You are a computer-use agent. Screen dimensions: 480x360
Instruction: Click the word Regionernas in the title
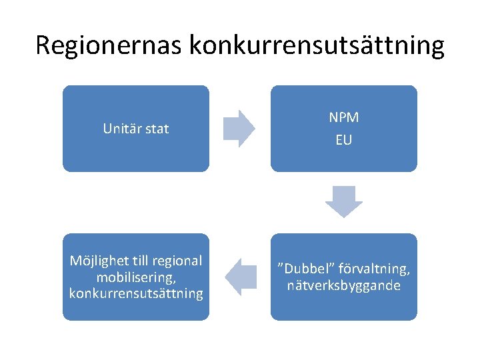pyautogui.click(x=109, y=45)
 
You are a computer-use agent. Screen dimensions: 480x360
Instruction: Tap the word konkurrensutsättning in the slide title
pyautogui.click(x=317, y=45)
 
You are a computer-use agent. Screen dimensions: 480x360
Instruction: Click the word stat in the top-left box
pyautogui.click(x=157, y=129)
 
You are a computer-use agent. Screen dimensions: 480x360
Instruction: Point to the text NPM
pyautogui.click(x=343, y=117)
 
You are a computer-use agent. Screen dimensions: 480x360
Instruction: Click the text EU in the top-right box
pyautogui.click(x=343, y=140)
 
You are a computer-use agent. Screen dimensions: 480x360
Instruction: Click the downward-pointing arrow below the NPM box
pyautogui.click(x=343, y=201)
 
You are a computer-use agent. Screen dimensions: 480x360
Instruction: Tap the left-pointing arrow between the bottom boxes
pyautogui.click(x=240, y=277)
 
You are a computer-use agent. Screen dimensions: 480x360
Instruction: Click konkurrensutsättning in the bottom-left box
pyautogui.click(x=136, y=293)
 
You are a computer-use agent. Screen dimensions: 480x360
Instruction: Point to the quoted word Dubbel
pyautogui.click(x=307, y=269)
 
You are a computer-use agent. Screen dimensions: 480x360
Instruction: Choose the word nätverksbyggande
pyautogui.click(x=343, y=285)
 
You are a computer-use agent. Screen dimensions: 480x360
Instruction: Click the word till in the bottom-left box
pyautogui.click(x=140, y=261)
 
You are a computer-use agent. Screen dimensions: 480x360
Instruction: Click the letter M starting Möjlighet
pyautogui.click(x=75, y=261)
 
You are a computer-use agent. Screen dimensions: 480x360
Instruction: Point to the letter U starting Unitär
pyautogui.click(x=107, y=129)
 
